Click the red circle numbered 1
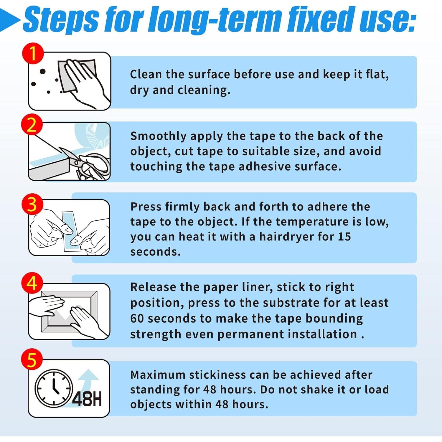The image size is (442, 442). click(x=33, y=53)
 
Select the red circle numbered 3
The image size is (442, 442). click(x=32, y=204)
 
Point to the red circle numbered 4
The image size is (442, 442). click(x=32, y=283)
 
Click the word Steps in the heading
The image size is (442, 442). click(x=61, y=19)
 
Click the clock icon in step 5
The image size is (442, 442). click(x=54, y=388)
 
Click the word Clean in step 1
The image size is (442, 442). click(x=146, y=74)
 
